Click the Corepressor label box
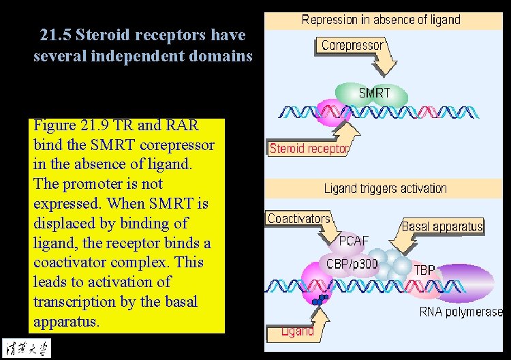tap(352, 46)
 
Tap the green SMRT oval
tap(373, 94)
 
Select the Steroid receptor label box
tap(309, 148)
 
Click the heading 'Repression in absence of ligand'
tap(381, 20)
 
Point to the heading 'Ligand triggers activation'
tap(385, 188)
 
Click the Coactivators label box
tap(298, 219)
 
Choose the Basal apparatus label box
tap(442, 226)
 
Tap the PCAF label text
tap(354, 240)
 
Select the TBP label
tap(427, 269)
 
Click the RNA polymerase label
tap(461, 312)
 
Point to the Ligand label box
tap(298, 331)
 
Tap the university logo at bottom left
tap(26, 346)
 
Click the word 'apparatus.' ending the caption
tap(66, 321)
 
